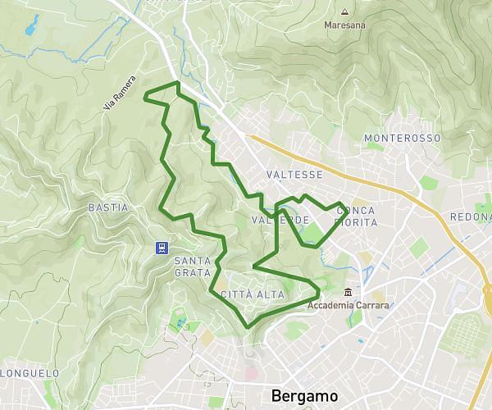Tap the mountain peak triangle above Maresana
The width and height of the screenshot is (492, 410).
click(x=344, y=11)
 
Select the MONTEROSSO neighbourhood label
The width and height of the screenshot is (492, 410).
click(x=402, y=139)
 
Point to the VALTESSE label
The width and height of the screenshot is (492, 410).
click(x=294, y=175)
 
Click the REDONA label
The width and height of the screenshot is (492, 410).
click(x=470, y=217)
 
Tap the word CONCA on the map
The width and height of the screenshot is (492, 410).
click(x=356, y=210)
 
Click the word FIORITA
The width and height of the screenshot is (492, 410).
click(x=357, y=222)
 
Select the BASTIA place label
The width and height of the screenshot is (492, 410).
click(x=107, y=207)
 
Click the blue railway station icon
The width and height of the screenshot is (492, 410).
click(x=162, y=247)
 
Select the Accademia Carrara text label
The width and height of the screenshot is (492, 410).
click(x=348, y=306)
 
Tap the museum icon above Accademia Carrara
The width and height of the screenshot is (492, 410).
click(x=348, y=293)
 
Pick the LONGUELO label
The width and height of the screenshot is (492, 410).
click(x=30, y=373)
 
